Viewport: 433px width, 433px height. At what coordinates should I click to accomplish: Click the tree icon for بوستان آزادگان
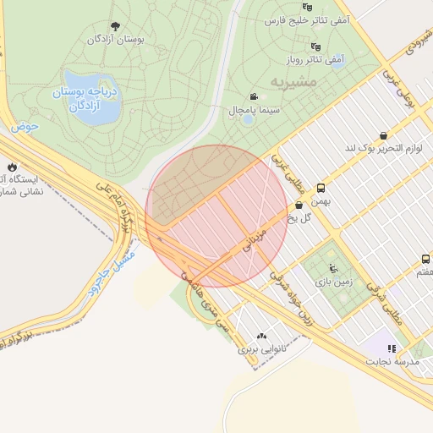116,26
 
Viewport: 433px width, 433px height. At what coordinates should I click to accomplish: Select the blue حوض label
25,127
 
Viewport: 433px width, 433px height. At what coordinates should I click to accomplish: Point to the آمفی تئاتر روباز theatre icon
316,47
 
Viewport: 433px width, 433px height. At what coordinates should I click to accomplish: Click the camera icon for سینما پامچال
253,97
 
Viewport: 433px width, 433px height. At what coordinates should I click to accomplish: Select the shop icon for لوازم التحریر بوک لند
384,135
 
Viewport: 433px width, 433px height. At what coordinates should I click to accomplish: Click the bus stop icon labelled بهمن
321,189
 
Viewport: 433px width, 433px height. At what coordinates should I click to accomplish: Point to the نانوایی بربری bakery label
260,348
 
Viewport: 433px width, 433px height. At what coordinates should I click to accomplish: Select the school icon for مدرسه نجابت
391,348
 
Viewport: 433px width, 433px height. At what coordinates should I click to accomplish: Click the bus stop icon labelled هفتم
425,260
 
